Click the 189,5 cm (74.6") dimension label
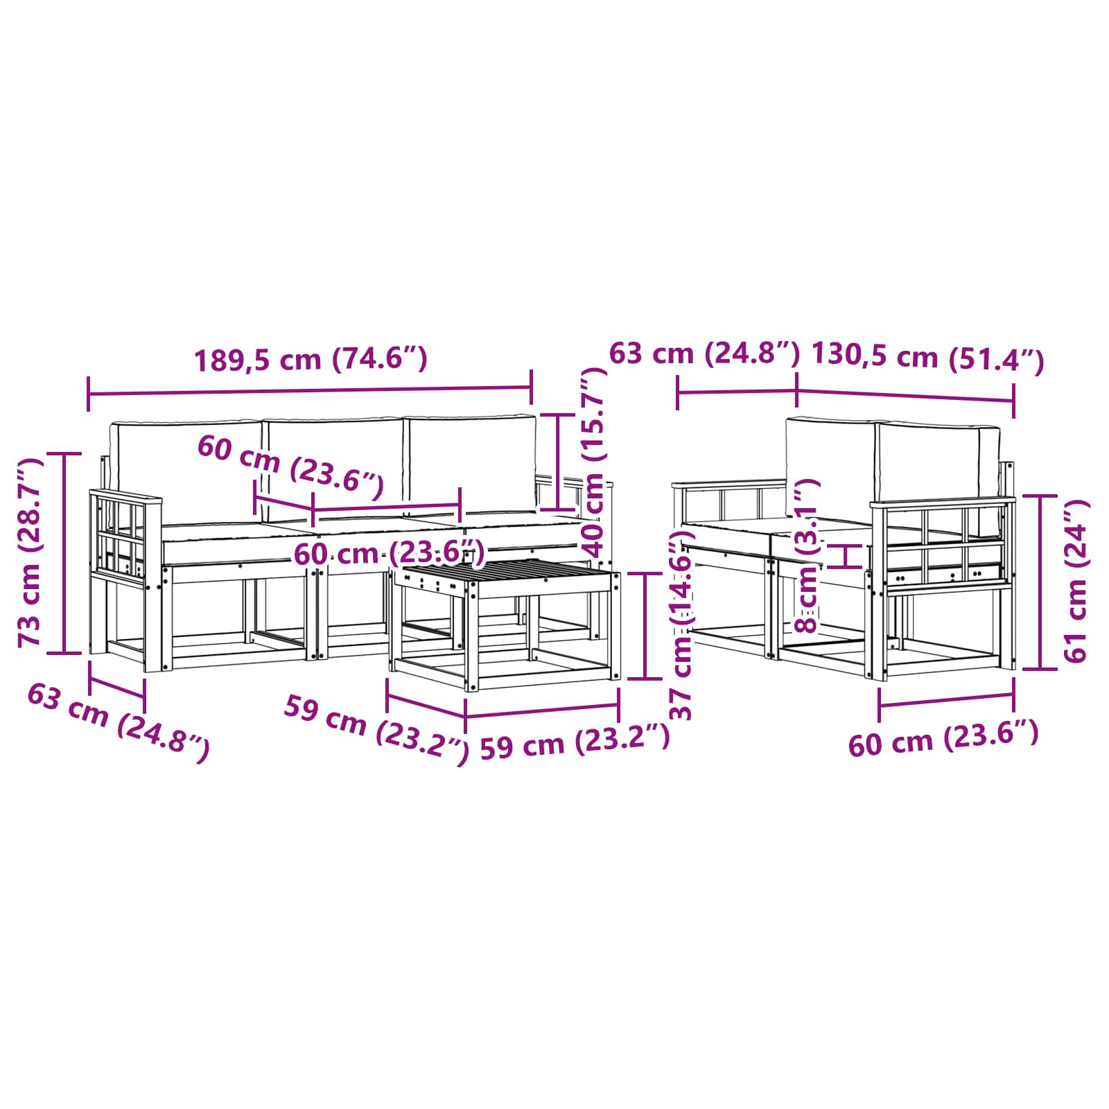(x=311, y=360)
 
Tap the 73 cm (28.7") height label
(x=30, y=552)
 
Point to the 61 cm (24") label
(x=1075, y=581)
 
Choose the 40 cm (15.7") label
(x=594, y=462)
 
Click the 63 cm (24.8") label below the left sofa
(x=118, y=722)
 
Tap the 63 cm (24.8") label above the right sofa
(x=704, y=353)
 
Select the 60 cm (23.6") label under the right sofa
(x=943, y=738)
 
